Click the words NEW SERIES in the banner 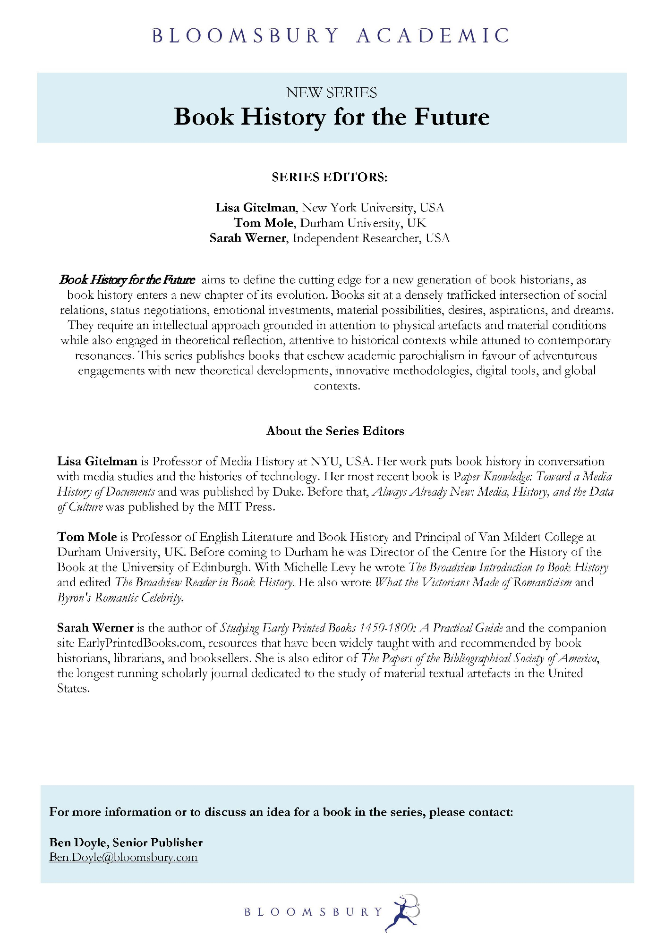pos(332,93)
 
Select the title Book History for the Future pos(332,117)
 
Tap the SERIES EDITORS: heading pos(329,177)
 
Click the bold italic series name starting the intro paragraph pos(127,280)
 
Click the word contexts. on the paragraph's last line pos(337,386)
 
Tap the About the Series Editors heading pos(335,431)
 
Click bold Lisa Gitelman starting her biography pos(97,461)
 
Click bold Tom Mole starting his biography pos(87,537)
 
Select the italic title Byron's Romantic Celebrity pos(120,598)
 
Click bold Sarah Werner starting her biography pos(95,628)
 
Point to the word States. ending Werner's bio pos(73,689)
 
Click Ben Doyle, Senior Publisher pos(126,843)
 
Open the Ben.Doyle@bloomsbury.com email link pos(123,858)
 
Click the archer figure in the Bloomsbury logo pos(403,912)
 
